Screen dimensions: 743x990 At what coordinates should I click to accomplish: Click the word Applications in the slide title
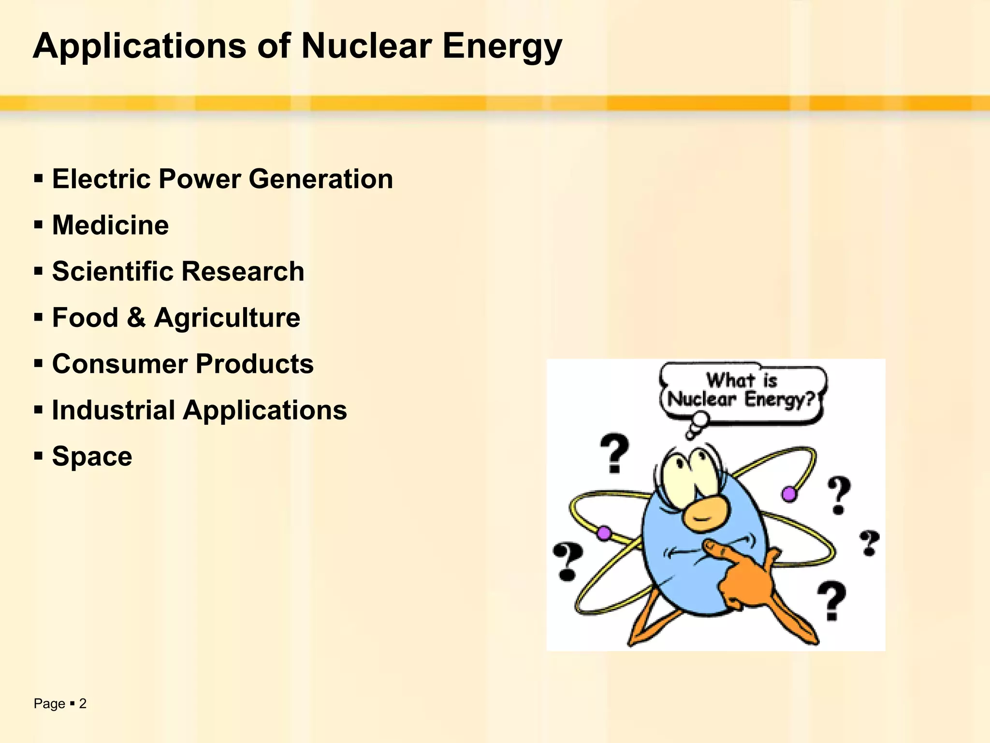(x=139, y=47)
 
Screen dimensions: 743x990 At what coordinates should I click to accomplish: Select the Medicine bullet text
(x=110, y=225)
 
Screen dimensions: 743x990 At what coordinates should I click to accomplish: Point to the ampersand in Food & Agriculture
(x=136, y=318)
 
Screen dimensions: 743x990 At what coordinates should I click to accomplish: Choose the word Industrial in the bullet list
(x=113, y=410)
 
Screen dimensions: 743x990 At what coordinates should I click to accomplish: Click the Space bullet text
(x=92, y=457)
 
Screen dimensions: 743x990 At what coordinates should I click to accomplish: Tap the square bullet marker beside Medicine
(x=39, y=225)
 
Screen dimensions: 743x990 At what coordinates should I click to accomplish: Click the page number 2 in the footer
(x=83, y=704)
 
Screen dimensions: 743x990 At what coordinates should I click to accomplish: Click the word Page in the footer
(x=49, y=704)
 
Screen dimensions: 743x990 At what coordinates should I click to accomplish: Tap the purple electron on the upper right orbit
(x=789, y=494)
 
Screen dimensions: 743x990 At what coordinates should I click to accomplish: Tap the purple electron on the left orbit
(x=603, y=534)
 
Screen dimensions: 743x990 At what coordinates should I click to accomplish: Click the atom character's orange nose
(x=704, y=514)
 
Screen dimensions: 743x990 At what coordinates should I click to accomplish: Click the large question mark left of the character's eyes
(x=614, y=452)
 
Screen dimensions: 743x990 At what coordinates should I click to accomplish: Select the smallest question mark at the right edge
(x=869, y=543)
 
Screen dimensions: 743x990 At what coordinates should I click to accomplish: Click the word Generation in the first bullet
(x=321, y=179)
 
